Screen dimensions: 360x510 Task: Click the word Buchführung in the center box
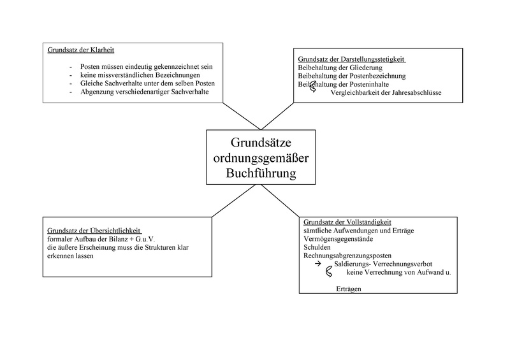[261, 173]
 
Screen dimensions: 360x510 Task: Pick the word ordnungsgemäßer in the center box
[261, 157]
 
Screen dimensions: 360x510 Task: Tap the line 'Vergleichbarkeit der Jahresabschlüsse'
[386, 94]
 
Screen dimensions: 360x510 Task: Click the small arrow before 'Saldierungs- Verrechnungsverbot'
[317, 264]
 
